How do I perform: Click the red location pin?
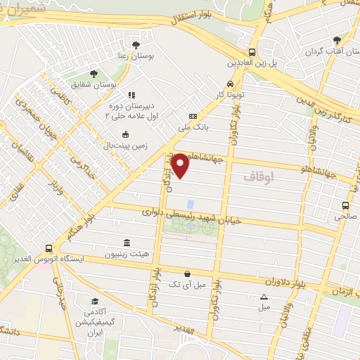coord(181,165)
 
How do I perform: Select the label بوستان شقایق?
coord(92,84)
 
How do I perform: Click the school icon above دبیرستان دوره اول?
coord(130,94)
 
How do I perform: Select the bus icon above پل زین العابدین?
coord(252,52)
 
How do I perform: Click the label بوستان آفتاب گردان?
coord(333,52)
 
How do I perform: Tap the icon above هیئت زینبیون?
coord(126,242)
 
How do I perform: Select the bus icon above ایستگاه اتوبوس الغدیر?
coord(49,248)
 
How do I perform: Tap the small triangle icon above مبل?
coord(264,297)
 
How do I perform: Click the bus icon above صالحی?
coord(345,205)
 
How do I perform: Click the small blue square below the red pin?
coord(190,203)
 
